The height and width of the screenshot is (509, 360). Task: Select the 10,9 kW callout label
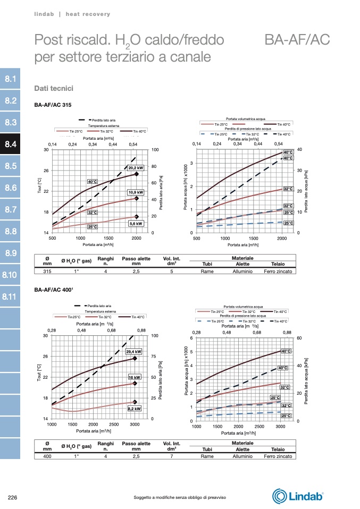136,192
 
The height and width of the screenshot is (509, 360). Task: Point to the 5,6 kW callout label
136,224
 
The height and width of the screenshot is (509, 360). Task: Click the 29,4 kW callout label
134,351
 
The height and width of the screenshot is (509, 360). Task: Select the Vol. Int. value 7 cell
171,456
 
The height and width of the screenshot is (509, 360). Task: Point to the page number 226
14,497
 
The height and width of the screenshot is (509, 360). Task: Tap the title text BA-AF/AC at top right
297,40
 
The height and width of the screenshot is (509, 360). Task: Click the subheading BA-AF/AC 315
53,105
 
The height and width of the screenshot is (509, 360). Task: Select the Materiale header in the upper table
242,258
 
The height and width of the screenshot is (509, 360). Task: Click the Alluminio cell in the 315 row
242,271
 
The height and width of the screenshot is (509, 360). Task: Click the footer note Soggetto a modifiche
180,497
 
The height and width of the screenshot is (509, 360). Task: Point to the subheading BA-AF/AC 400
53,291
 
